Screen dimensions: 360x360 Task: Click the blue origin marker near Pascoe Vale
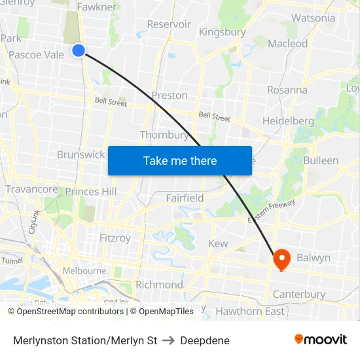coord(79,50)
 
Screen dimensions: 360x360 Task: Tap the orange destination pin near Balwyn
coord(282,258)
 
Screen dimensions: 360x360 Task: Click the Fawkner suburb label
coord(96,7)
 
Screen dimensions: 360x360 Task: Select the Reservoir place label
coord(169,24)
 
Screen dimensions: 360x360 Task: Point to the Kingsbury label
coord(222,31)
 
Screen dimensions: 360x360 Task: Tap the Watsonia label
coord(313,18)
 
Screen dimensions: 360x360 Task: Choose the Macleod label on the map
coord(288,43)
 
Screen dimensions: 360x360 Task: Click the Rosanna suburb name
coord(287,90)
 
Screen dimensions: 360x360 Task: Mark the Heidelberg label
coord(288,121)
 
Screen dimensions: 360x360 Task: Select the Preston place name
coord(170,95)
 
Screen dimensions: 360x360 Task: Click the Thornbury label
coord(164,135)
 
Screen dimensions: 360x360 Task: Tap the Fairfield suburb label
coord(185,198)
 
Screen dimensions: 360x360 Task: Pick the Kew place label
coord(218,243)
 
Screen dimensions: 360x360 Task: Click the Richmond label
coord(159,285)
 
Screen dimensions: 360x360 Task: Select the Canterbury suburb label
coord(298,294)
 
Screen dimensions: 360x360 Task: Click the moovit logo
coord(320,339)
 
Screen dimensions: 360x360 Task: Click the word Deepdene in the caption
coord(205,340)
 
